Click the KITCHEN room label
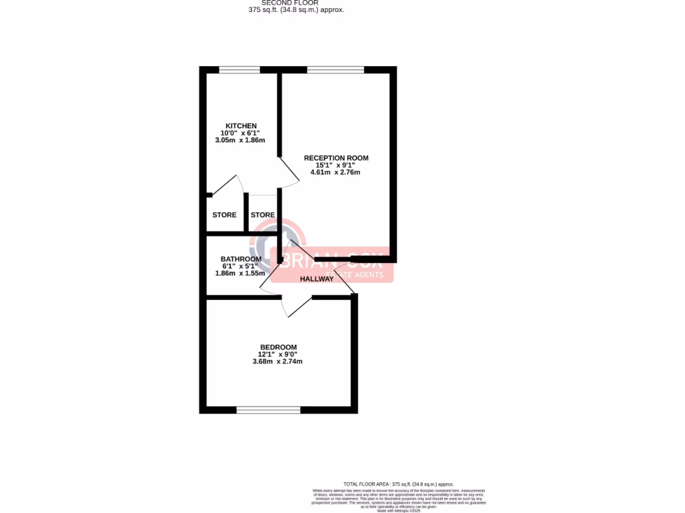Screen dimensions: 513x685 241,126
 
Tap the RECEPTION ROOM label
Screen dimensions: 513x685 336,158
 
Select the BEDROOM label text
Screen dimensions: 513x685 278,347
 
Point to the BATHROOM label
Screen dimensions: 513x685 241,259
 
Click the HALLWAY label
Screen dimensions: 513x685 316,279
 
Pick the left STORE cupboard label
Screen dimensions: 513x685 224,215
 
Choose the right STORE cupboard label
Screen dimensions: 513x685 262,215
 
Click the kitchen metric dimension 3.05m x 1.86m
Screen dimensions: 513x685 240,140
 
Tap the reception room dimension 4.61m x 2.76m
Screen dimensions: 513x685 335,172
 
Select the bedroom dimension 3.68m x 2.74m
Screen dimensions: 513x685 278,361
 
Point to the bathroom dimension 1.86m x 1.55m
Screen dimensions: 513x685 240,273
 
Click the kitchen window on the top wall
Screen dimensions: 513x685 239,69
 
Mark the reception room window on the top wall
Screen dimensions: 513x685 336,69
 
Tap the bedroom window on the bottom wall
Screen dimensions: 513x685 268,409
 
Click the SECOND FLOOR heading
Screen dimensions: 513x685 290,3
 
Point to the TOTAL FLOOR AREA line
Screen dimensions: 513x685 398,484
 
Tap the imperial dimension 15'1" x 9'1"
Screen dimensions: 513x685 335,166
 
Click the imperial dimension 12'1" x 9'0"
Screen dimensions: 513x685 278,355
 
